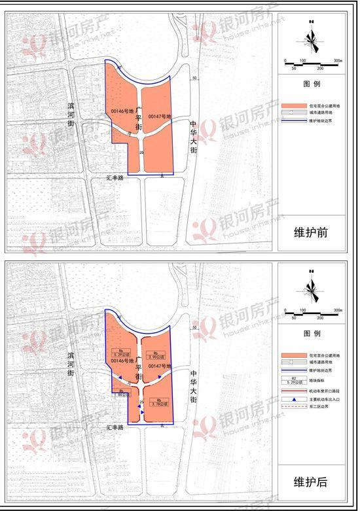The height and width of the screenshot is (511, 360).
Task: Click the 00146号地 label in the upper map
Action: coord(122,111)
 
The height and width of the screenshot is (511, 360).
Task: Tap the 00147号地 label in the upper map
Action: coord(159,116)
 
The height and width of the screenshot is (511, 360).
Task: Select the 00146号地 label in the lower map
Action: coord(122,361)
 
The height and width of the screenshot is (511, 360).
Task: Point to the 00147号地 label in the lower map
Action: coord(159,366)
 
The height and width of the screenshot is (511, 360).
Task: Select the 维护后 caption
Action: coord(311,482)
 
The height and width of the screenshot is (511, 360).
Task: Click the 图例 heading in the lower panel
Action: coord(311,333)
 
